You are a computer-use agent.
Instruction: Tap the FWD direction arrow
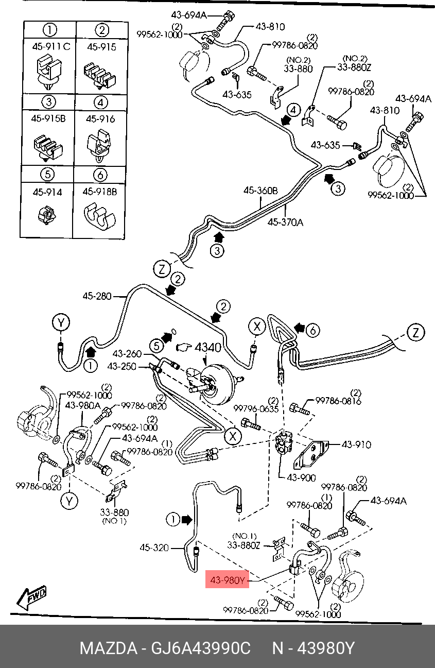(x=31, y=597)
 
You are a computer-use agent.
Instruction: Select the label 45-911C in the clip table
(x=51, y=46)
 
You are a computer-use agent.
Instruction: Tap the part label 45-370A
(x=285, y=222)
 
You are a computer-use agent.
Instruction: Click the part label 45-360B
(x=260, y=190)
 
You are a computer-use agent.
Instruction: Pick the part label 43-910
(x=356, y=444)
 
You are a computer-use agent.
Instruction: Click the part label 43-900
(x=301, y=477)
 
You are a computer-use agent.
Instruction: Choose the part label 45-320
(x=154, y=547)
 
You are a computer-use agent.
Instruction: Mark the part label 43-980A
(x=83, y=405)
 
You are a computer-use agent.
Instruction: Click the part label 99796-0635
(x=256, y=408)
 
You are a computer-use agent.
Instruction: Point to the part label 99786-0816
(x=338, y=401)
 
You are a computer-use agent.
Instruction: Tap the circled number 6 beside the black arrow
(x=313, y=330)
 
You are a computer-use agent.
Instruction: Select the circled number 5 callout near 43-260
(x=156, y=346)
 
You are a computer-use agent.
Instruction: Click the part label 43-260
(x=127, y=354)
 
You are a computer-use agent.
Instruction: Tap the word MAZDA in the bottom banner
(x=109, y=648)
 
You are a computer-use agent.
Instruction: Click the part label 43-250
(x=121, y=366)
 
